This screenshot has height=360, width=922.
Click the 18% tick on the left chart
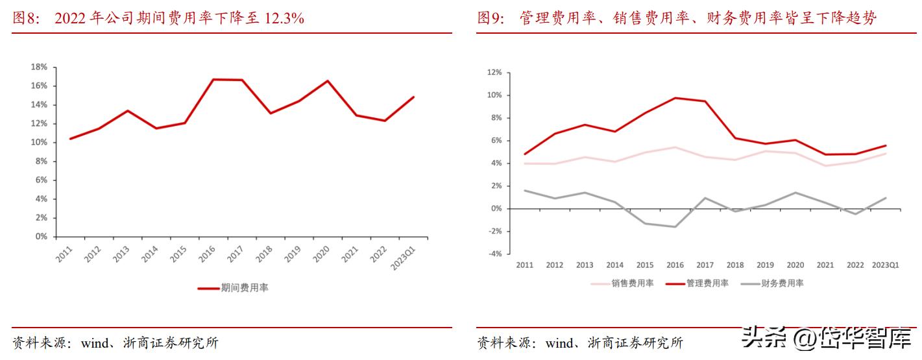(38, 67)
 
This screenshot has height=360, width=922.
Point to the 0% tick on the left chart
(40, 237)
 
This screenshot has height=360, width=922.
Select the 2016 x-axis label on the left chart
(207, 255)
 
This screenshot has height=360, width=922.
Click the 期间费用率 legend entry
(244, 288)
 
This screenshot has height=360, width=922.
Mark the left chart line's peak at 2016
(213, 79)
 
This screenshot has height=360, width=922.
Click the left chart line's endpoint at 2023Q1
(414, 97)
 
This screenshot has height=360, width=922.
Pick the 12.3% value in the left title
(284, 18)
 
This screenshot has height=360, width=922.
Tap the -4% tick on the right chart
(494, 254)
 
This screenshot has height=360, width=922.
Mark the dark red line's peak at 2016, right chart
(675, 98)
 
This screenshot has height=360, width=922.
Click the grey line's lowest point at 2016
(675, 227)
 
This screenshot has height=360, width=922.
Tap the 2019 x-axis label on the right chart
(765, 265)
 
